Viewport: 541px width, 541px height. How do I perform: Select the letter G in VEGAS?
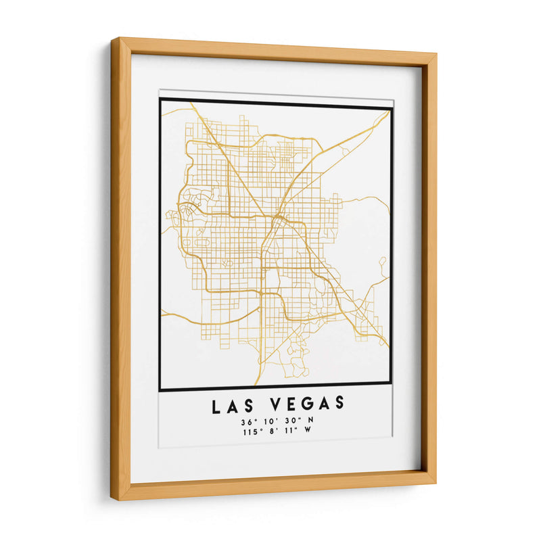[307, 405]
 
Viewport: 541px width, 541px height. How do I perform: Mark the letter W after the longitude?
[311, 431]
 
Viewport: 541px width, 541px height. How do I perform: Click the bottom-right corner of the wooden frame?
[435, 482]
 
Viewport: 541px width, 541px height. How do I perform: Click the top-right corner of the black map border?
[392, 108]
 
